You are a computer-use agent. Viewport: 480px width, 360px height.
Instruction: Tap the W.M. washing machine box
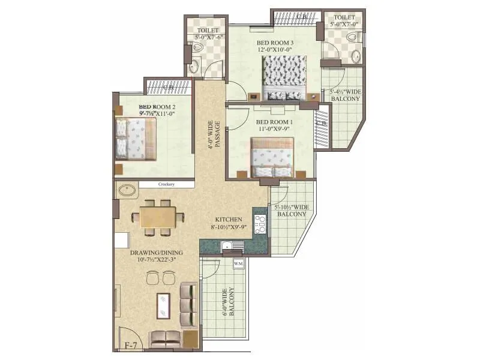[x=238, y=263]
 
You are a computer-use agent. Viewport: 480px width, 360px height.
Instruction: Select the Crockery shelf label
[x=166, y=185]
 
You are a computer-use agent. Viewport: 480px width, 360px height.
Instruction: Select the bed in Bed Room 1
[x=272, y=157]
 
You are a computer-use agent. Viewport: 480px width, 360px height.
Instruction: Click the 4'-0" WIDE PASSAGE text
[x=214, y=139]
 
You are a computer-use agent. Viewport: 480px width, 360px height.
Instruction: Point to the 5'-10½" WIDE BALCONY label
[x=292, y=210]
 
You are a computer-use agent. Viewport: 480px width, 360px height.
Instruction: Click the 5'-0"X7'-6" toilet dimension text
[x=208, y=37]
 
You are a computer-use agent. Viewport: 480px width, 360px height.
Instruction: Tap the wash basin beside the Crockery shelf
[x=128, y=191]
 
